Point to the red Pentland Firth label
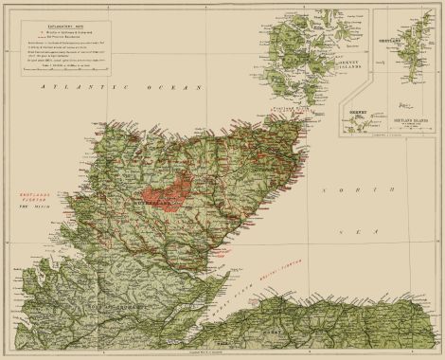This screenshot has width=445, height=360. [284, 111]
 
